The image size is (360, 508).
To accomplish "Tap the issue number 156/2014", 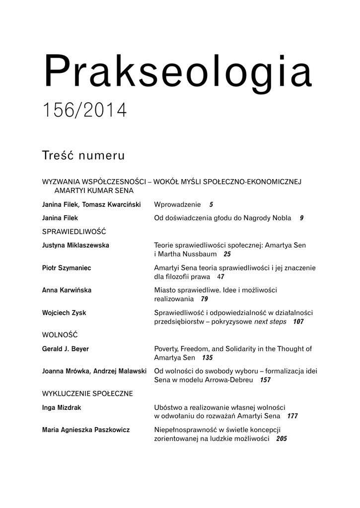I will (x=84, y=110).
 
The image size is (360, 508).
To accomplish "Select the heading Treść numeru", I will (x=83, y=155).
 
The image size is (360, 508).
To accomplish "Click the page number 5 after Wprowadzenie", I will (x=211, y=204).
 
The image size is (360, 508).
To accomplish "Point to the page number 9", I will (x=301, y=218).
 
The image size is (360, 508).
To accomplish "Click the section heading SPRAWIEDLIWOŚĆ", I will (x=74, y=231).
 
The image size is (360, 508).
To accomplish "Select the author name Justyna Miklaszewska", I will (x=76, y=245).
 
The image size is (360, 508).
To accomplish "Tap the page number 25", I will (x=227, y=254).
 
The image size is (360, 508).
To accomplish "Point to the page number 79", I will (x=205, y=299).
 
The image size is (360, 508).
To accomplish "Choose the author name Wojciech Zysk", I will (x=65, y=313).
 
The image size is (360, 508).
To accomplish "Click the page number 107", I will (x=298, y=322).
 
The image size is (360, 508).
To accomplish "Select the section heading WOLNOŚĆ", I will (x=60, y=335).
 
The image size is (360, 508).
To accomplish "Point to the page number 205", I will (x=282, y=439).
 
